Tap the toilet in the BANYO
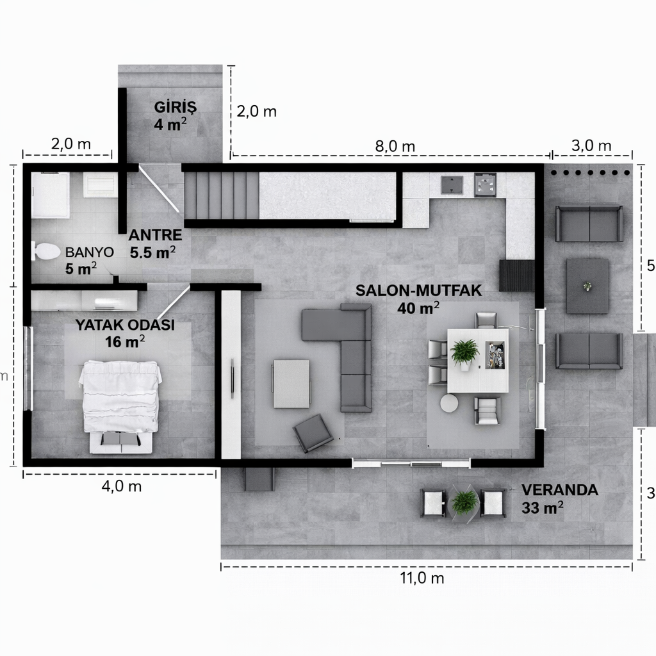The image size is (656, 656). (45, 251)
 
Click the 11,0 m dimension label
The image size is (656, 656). (422, 578)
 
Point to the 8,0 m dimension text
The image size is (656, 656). (395, 146)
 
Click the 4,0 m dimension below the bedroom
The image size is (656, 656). (122, 486)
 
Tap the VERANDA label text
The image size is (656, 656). (559, 491)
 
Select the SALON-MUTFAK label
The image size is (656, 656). (418, 290)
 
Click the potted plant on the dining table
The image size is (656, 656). (464, 352)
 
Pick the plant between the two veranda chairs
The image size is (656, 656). (464, 502)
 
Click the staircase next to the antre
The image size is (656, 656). (221, 195)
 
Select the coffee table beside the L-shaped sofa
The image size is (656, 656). (291, 383)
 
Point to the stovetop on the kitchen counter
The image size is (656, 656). (485, 185)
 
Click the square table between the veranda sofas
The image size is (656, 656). (587, 286)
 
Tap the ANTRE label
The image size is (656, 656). (156, 234)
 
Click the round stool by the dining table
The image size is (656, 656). (449, 403)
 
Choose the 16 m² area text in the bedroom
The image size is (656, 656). (125, 341)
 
